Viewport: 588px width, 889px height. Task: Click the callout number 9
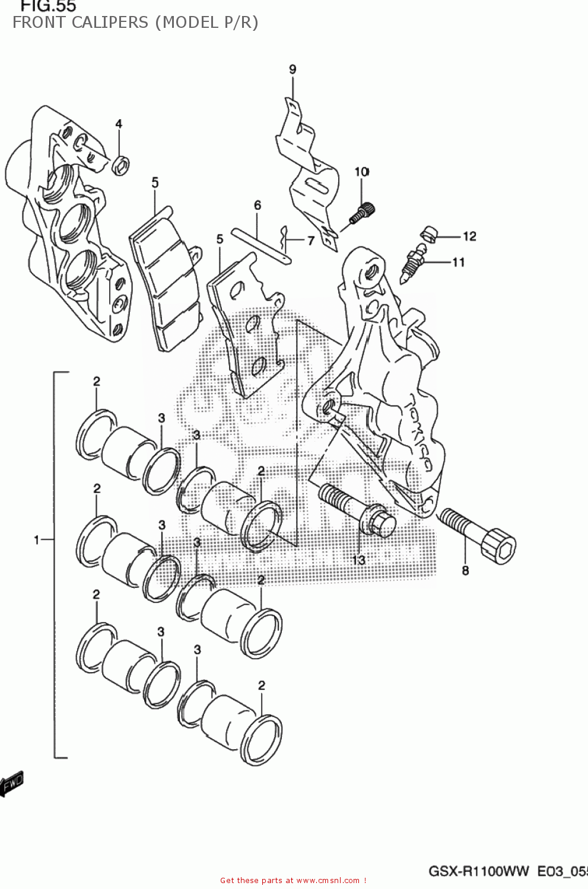pos(293,69)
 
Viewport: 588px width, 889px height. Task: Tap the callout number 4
pos(119,124)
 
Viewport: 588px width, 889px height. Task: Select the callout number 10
pos(361,172)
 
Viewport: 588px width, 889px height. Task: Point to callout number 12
pos(469,236)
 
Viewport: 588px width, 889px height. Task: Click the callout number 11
pos(458,262)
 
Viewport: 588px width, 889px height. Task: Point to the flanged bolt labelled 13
pos(356,509)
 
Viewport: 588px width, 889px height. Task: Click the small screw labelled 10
pos(361,213)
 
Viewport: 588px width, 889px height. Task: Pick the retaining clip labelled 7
pos(285,236)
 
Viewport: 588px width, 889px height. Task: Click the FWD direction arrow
pos(11,783)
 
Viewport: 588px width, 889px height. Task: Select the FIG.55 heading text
pos(48,7)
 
